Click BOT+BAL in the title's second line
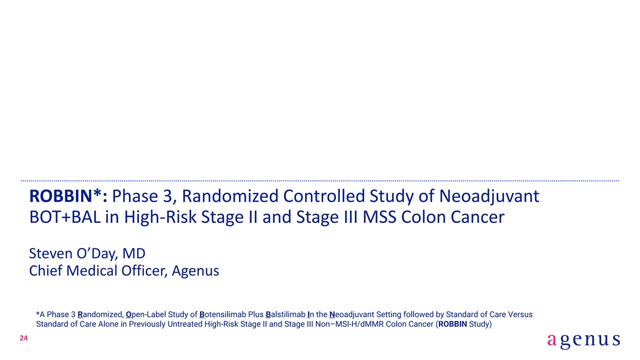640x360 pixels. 65,217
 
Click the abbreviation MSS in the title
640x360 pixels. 379,217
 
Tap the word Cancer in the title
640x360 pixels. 477,217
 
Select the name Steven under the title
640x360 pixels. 51,254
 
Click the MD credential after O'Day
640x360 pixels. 134,254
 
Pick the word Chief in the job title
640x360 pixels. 45,270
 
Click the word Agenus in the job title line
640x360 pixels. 195,271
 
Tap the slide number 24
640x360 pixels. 23,338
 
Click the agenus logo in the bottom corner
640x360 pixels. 583,341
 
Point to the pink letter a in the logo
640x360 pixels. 552,340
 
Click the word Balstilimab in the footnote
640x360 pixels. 285,315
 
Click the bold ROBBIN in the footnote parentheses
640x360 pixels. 453,324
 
